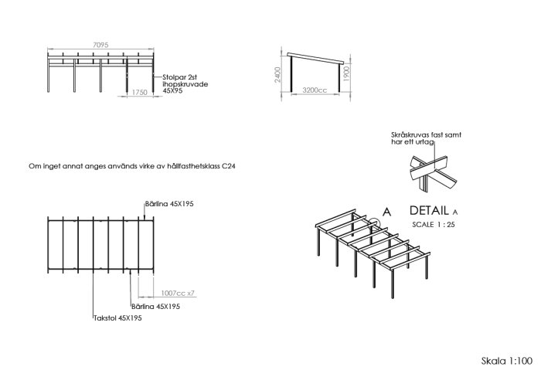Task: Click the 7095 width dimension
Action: click(x=100, y=45)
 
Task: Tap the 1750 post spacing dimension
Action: click(x=139, y=93)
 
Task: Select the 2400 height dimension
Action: click(x=278, y=74)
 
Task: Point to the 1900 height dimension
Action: click(x=347, y=73)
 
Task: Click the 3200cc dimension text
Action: click(x=315, y=90)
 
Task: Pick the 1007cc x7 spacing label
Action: click(x=178, y=293)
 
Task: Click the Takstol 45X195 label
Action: click(x=117, y=318)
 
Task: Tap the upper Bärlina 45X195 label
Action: click(x=169, y=204)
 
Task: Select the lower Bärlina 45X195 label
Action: click(x=155, y=306)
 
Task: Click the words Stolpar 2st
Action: click(x=180, y=77)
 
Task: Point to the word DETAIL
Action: click(x=429, y=210)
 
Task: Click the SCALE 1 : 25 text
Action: click(x=434, y=225)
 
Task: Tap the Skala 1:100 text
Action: click(x=507, y=361)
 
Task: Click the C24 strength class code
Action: click(x=229, y=166)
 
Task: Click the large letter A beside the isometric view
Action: click(x=386, y=212)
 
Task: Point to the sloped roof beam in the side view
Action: click(x=315, y=58)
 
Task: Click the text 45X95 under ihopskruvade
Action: click(x=172, y=90)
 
